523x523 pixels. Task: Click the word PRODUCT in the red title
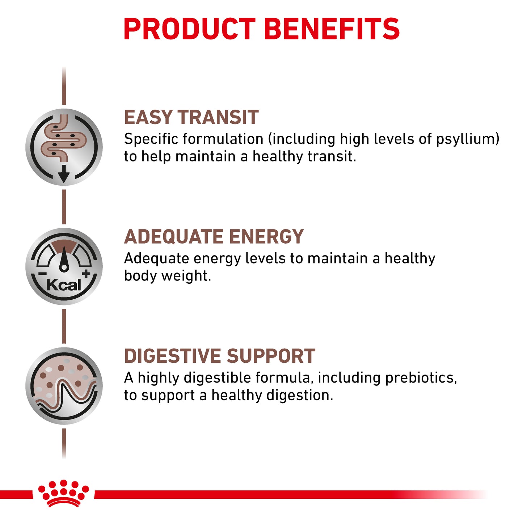(190, 29)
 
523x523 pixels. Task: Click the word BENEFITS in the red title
(332, 29)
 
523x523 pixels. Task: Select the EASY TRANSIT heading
(191, 118)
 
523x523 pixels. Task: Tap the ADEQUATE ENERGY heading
(214, 237)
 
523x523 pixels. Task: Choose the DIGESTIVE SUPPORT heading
(219, 356)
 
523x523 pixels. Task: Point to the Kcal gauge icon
(64, 266)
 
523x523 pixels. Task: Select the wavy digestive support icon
(64, 386)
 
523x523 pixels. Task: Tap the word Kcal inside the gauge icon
(64, 285)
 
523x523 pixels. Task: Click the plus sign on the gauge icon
(86, 274)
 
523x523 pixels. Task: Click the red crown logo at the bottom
(64, 493)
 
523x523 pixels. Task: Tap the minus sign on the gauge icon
(42, 274)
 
